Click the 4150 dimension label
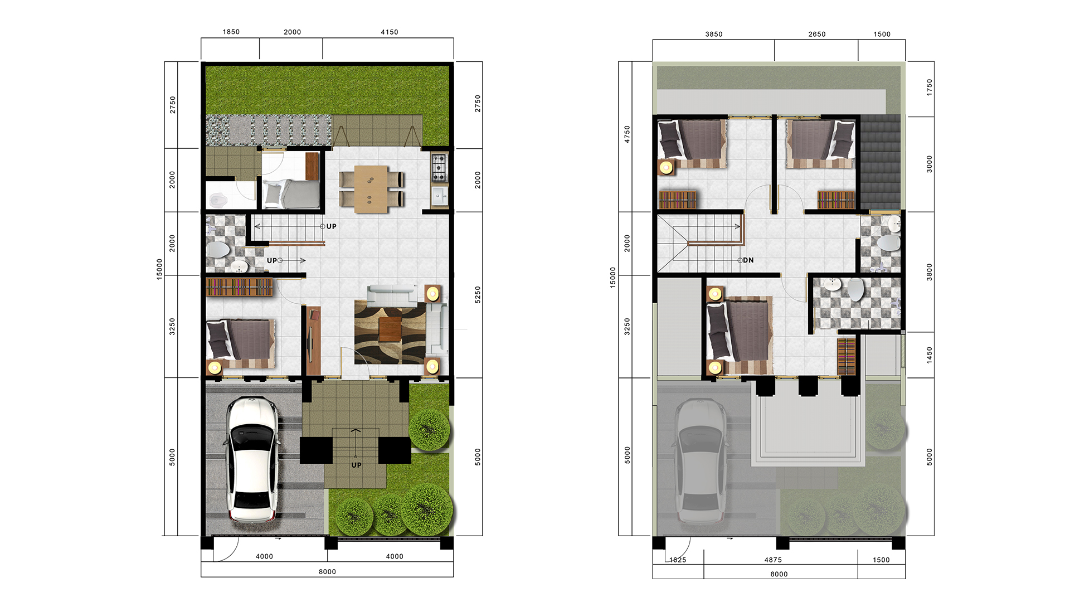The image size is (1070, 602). (x=390, y=32)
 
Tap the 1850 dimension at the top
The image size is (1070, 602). (x=231, y=32)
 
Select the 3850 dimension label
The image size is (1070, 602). (x=714, y=35)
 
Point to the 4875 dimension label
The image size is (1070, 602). (x=773, y=560)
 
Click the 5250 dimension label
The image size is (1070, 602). (x=478, y=295)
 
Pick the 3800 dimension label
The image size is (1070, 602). (x=929, y=272)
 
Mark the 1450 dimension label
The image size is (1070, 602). (x=929, y=355)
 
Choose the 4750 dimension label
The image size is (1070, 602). (x=627, y=134)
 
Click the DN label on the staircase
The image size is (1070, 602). (x=748, y=260)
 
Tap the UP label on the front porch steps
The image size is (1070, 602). (x=357, y=465)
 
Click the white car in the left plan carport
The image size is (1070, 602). (x=252, y=459)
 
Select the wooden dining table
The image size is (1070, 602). (x=371, y=189)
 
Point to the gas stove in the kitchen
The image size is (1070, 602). (x=439, y=168)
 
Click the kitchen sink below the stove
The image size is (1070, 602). (x=439, y=196)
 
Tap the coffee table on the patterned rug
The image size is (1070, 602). (x=390, y=329)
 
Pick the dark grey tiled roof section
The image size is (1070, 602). (x=881, y=162)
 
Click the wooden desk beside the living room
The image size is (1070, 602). (x=314, y=341)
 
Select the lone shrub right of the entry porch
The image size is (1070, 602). (x=429, y=430)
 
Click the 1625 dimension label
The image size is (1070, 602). (x=678, y=560)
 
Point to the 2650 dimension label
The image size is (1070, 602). (x=817, y=35)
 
